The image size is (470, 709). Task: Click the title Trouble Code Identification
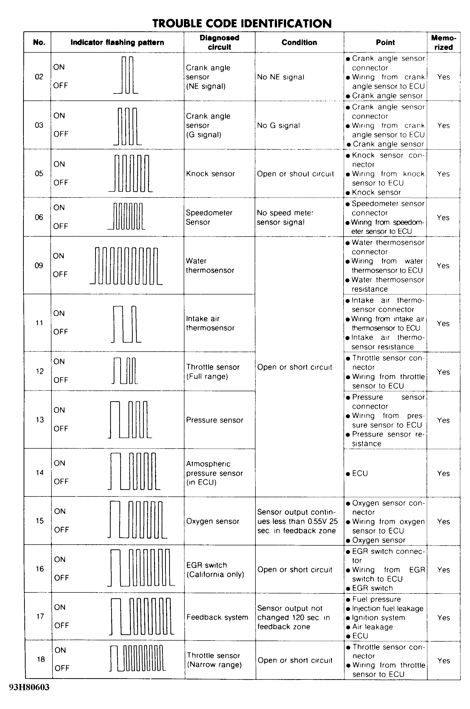pos(242,23)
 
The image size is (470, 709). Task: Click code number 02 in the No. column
pos(39,77)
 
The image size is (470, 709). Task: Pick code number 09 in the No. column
pos(39,265)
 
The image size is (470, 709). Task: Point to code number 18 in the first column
pos(41,659)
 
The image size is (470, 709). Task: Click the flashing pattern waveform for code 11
pos(126,324)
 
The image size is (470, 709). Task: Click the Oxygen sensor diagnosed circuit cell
pos(213,521)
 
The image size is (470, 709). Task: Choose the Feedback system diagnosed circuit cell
pos(217,617)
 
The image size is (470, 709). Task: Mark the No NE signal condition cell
pos(281,77)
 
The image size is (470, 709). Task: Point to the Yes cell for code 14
pos(443,473)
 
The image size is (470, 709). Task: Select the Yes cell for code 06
pos(443,217)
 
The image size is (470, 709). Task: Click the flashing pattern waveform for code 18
pos(137,658)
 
